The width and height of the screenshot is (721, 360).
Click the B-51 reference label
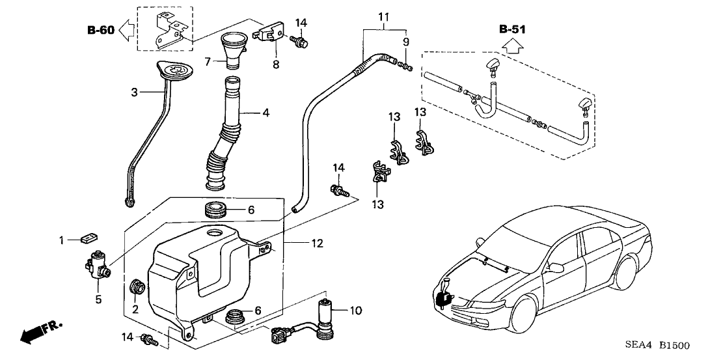(x=512, y=29)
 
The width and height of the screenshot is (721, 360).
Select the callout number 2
(x=135, y=309)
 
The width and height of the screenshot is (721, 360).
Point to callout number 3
(x=134, y=92)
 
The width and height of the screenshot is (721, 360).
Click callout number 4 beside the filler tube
(x=265, y=112)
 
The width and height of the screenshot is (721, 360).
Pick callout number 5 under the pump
(x=99, y=299)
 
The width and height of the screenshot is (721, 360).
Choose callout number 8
(x=275, y=64)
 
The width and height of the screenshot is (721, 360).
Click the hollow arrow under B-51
(x=512, y=46)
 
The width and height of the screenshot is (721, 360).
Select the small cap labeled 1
(x=88, y=239)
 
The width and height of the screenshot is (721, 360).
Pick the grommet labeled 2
(x=137, y=286)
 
